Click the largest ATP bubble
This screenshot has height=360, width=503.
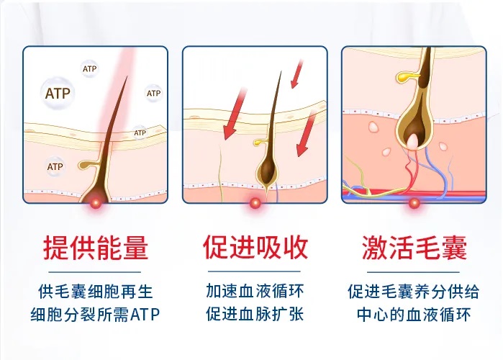(x=58, y=93)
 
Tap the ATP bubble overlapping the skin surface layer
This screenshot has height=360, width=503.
(x=140, y=132)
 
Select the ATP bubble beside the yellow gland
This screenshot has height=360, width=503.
(x=55, y=166)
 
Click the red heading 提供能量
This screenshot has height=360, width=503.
(x=96, y=248)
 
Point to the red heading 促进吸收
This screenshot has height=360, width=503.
(x=255, y=248)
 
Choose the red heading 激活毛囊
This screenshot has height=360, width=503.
(x=414, y=248)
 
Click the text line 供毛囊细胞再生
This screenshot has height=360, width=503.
(x=95, y=292)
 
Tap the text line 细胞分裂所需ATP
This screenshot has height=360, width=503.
(x=95, y=315)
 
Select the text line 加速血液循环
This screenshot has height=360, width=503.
(x=255, y=292)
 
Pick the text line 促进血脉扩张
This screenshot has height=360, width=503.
(x=255, y=315)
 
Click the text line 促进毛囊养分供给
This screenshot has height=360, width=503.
(x=414, y=292)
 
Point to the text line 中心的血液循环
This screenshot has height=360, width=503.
(x=414, y=315)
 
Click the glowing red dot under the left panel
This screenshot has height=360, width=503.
(x=96, y=203)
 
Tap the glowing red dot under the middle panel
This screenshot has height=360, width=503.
(x=255, y=203)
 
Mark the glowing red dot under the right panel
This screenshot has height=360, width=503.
(x=414, y=203)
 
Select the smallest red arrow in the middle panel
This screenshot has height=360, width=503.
(x=296, y=73)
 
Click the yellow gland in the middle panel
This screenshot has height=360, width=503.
(x=260, y=142)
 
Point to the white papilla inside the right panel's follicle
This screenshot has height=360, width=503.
(x=413, y=142)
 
